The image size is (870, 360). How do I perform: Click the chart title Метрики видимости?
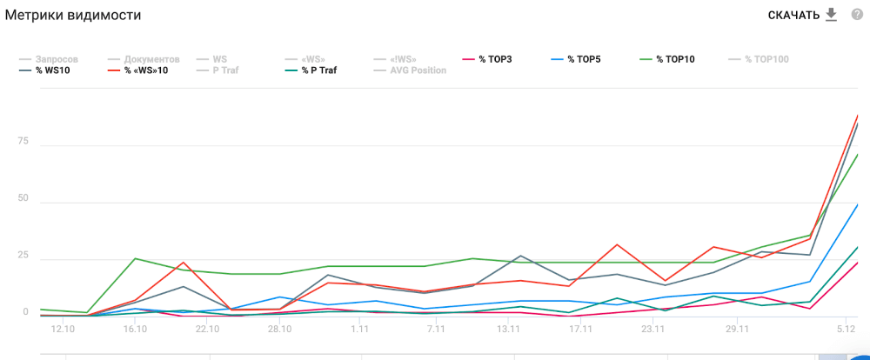(73, 15)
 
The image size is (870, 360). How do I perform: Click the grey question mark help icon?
(857, 15)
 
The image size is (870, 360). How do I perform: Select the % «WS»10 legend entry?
(143, 70)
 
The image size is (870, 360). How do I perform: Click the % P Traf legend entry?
(319, 70)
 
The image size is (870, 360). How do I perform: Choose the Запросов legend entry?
(55, 59)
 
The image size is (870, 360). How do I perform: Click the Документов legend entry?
(151, 59)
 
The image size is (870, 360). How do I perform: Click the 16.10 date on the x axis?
(135, 330)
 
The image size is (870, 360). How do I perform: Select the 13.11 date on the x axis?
(508, 330)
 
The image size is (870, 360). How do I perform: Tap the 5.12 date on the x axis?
(846, 330)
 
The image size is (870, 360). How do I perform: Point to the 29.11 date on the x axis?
(736, 330)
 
